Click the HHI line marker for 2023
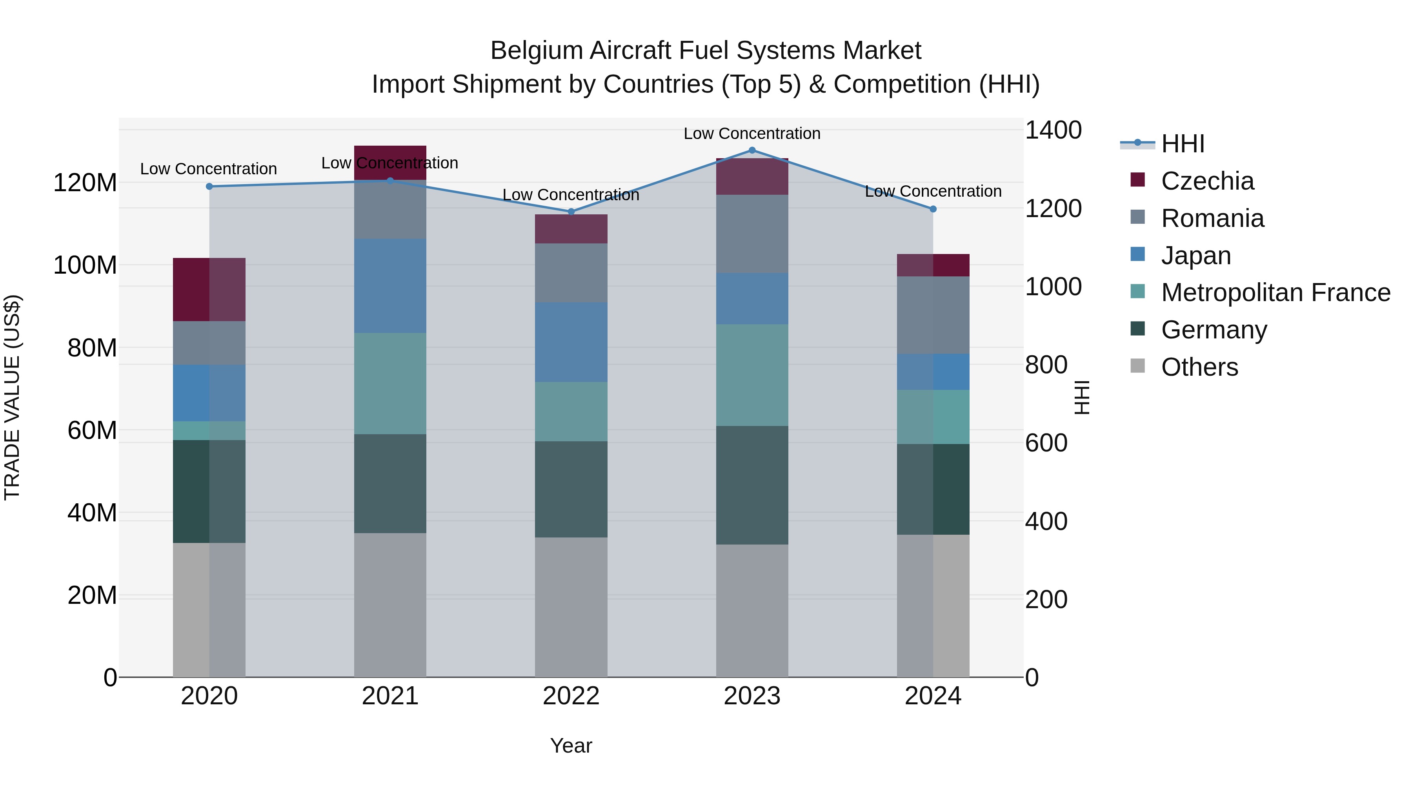click(752, 150)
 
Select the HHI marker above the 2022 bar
click(571, 212)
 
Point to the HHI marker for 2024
click(933, 209)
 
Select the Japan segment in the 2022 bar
click(571, 342)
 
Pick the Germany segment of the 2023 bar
click(752, 485)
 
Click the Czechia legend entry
click(1206, 181)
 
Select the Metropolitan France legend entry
click(1275, 292)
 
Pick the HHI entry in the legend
click(1182, 144)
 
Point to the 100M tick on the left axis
click(85, 265)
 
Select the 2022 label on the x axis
click(571, 696)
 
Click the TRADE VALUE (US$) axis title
click(12, 397)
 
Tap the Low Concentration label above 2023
click(752, 133)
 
